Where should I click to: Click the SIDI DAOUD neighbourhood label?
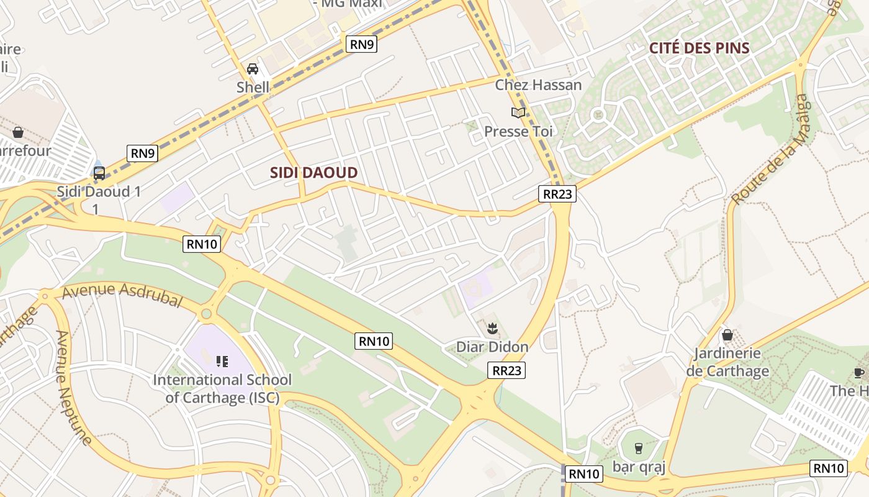pyautogui.click(x=313, y=173)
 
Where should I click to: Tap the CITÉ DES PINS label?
pyautogui.click(x=699, y=48)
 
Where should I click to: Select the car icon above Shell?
pyautogui.click(x=253, y=68)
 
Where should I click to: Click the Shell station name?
pyautogui.click(x=253, y=87)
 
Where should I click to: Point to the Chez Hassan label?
pyautogui.click(x=538, y=84)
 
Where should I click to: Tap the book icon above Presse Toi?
pyautogui.click(x=518, y=112)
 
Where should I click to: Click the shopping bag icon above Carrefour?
pyautogui.click(x=18, y=132)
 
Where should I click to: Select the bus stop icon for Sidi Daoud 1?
pyautogui.click(x=99, y=173)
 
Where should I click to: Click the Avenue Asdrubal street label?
pyautogui.click(x=122, y=294)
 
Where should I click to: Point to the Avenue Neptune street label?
pyautogui.click(x=74, y=388)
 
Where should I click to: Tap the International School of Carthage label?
pyautogui.click(x=222, y=388)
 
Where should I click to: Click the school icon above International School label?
pyautogui.click(x=222, y=361)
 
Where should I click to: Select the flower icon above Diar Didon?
pyautogui.click(x=493, y=327)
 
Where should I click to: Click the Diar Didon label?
pyautogui.click(x=492, y=347)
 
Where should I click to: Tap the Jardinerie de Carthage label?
pyautogui.click(x=727, y=362)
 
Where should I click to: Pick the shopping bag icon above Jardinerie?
pyautogui.click(x=727, y=335)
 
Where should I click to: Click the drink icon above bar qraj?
pyautogui.click(x=638, y=448)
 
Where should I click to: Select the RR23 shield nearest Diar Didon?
pyautogui.click(x=506, y=370)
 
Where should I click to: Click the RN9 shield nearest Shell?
pyautogui.click(x=361, y=43)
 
